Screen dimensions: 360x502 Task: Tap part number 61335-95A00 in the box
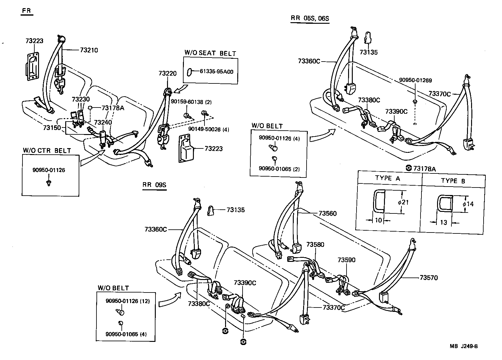coord(216,72)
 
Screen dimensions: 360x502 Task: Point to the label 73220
coord(167,73)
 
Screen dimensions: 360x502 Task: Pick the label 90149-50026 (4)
coord(208,129)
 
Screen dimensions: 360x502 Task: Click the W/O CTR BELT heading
coord(47,151)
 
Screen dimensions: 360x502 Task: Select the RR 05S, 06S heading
coord(310,18)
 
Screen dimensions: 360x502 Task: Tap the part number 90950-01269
coord(415,80)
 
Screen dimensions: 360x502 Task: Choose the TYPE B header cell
coord(453,181)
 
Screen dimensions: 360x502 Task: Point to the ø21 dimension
coord(403,202)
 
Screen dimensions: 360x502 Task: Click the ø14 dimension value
coord(468,204)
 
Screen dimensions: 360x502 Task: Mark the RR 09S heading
coord(154,185)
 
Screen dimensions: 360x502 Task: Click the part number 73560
coord(327,213)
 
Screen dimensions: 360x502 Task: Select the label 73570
coord(429,277)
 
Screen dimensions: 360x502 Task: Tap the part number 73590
coord(346,260)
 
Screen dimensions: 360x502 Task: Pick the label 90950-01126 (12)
coord(128,301)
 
